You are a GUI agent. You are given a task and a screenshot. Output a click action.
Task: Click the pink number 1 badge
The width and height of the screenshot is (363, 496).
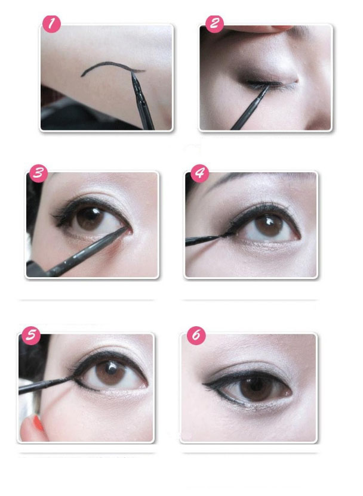[51, 24]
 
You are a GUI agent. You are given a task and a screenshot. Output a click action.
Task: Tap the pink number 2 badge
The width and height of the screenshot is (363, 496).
[214, 24]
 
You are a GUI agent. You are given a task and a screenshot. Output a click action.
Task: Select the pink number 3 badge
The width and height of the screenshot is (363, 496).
[38, 173]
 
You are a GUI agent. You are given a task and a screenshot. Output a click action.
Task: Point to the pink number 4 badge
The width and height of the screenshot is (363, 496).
[199, 173]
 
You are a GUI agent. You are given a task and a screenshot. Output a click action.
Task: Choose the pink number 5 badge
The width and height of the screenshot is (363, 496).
[31, 336]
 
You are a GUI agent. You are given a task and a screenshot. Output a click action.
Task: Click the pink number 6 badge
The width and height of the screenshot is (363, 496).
[196, 335]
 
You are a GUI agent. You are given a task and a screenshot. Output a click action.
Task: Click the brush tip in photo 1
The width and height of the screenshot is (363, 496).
[133, 73]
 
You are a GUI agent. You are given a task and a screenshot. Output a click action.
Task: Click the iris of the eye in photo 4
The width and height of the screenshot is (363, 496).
[269, 225]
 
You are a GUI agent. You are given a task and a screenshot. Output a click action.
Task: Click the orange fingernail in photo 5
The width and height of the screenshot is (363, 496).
[38, 423]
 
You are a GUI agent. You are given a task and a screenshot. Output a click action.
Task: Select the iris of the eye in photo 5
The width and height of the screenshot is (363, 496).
[110, 373]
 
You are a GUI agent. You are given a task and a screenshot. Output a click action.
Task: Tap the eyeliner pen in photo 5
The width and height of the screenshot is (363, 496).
[45, 385]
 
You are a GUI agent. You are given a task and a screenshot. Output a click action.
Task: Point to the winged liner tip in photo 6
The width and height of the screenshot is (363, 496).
[205, 385]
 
